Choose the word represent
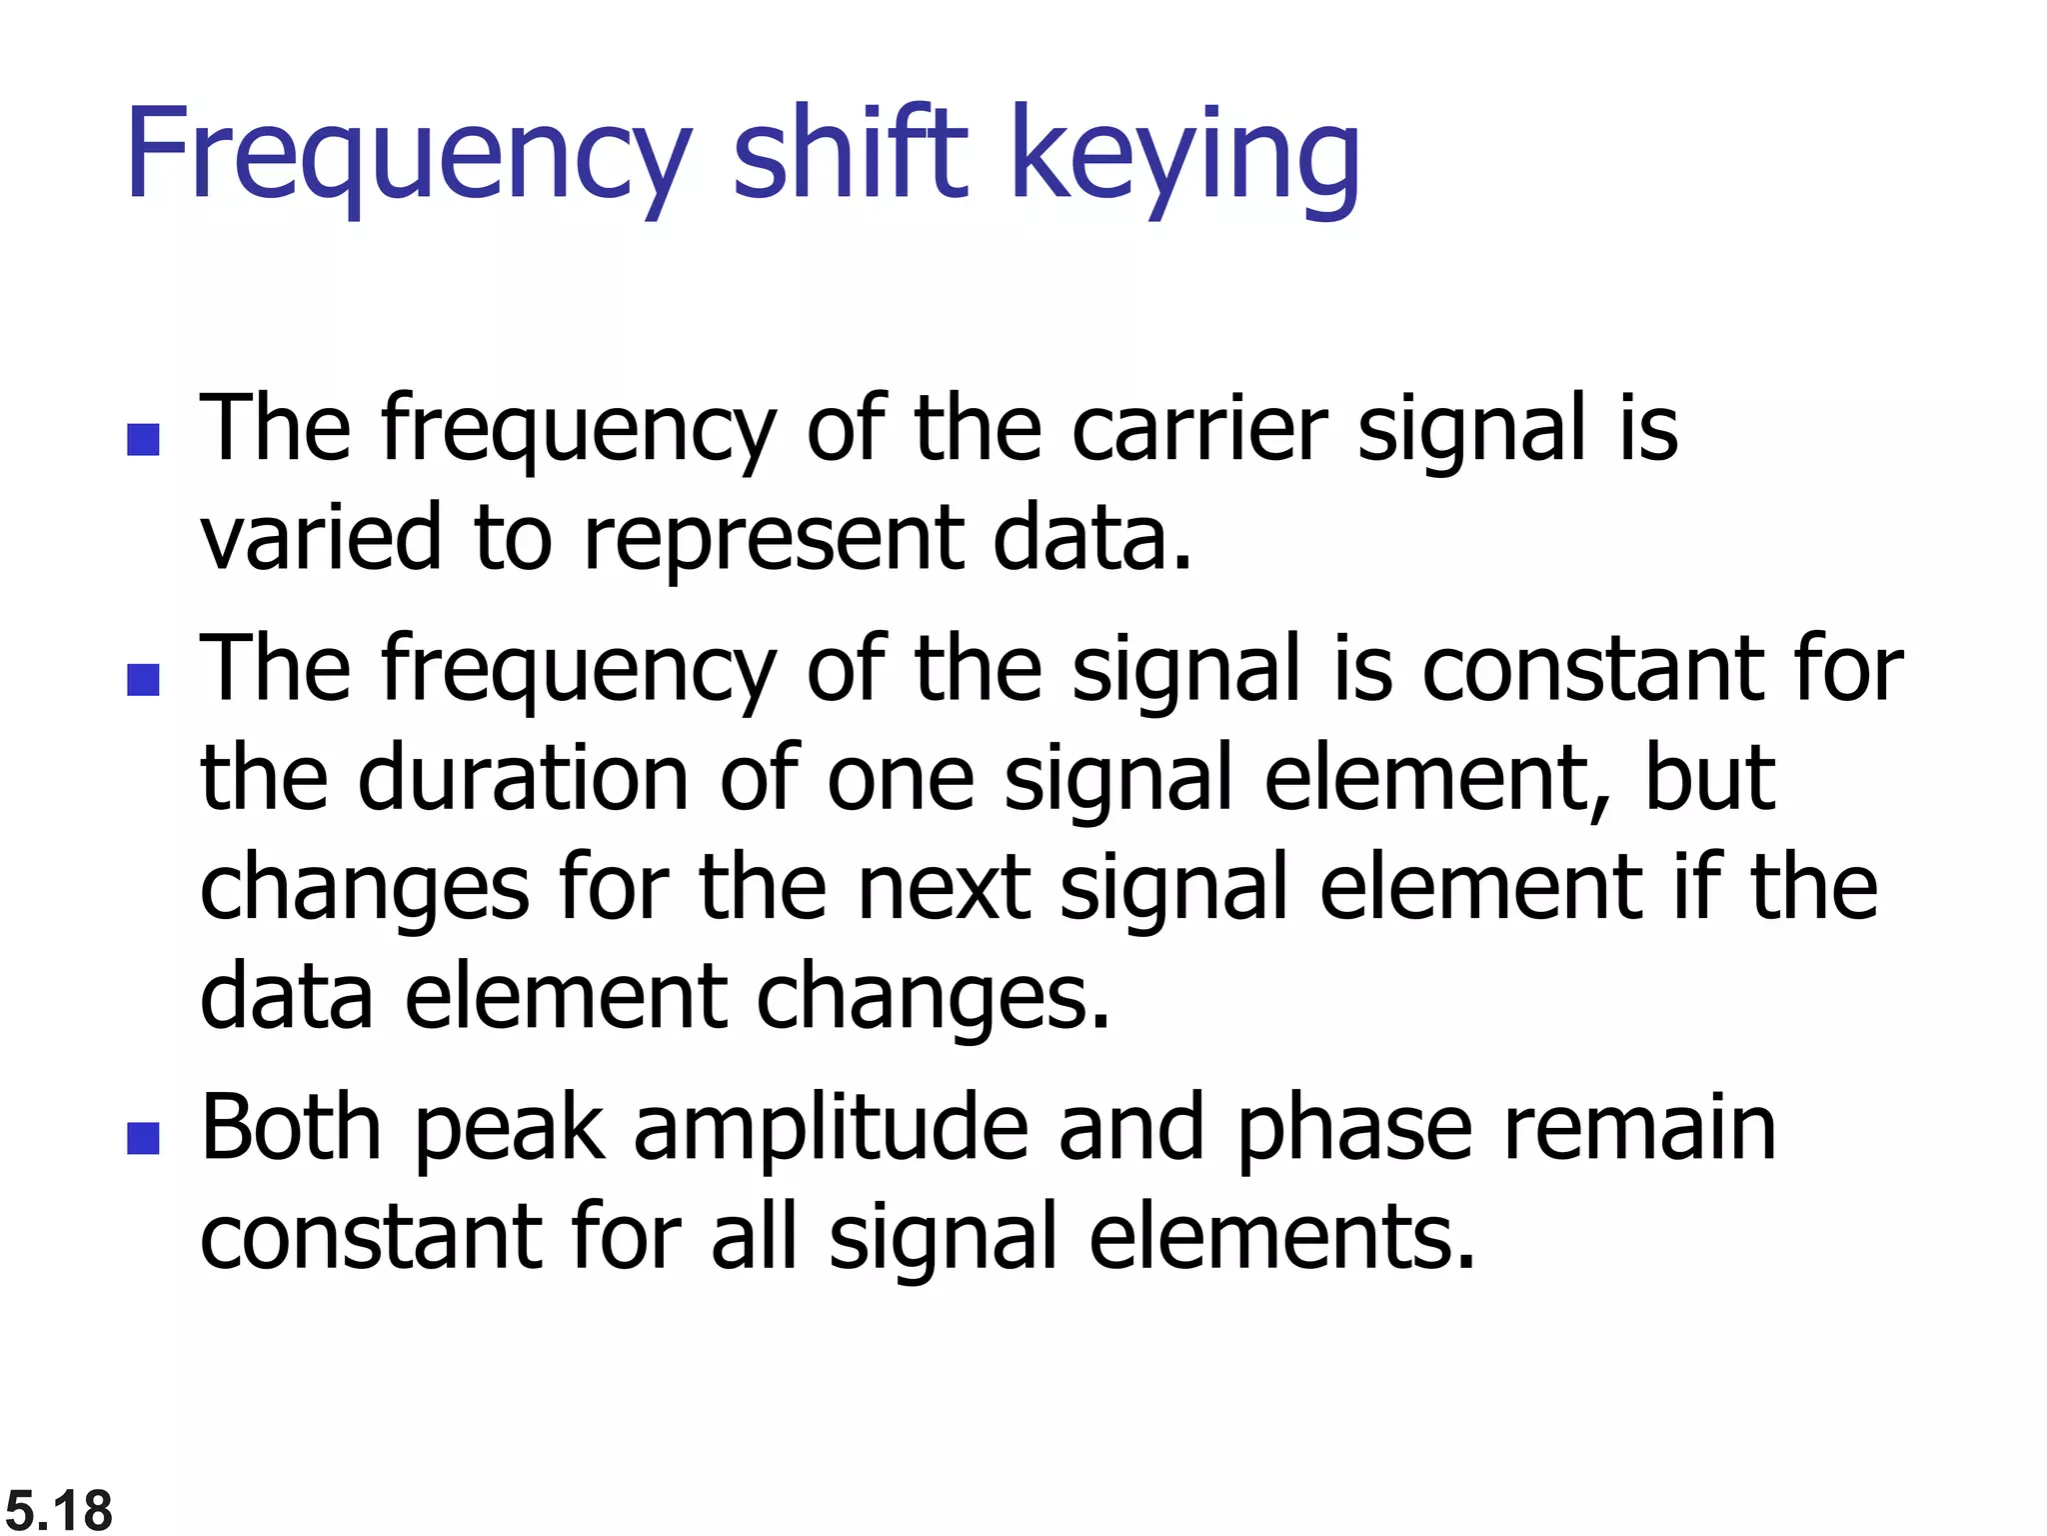(774, 540)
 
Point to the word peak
(509, 1130)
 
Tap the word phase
(1354, 1130)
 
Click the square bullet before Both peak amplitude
(144, 1138)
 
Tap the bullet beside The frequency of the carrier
(144, 440)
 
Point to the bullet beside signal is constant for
(144, 680)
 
